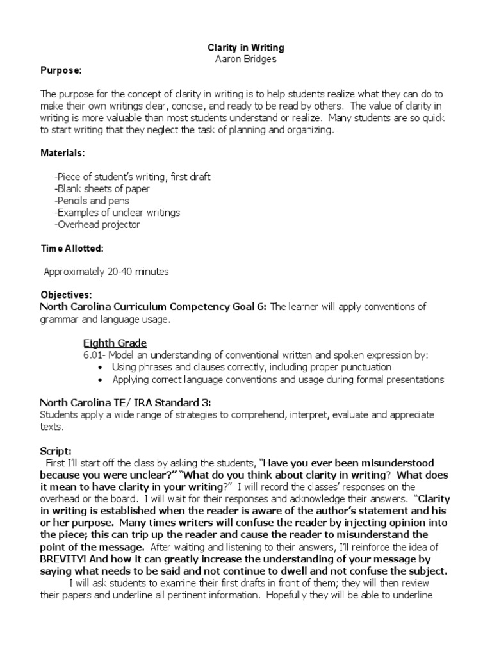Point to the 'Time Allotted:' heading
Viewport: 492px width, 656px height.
point(72,247)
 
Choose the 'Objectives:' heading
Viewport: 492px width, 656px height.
point(67,295)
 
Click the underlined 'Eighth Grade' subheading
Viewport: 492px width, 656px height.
point(115,343)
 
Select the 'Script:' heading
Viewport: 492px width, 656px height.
point(56,450)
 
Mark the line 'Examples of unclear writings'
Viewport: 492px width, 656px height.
point(117,212)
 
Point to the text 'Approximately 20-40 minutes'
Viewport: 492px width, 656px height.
point(106,272)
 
